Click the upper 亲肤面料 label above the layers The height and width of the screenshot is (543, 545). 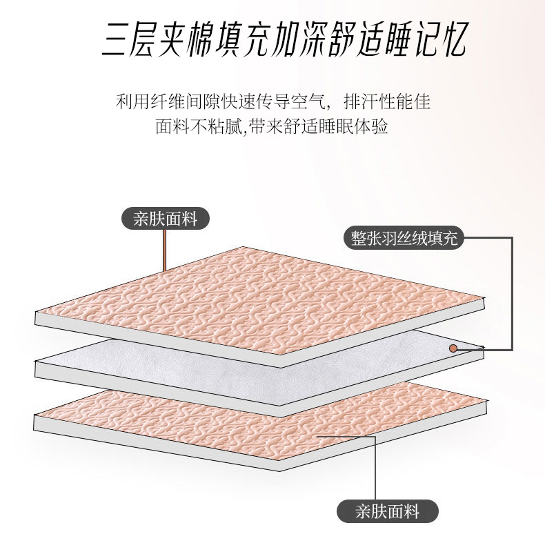tap(166, 219)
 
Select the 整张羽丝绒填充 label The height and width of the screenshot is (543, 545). tap(404, 239)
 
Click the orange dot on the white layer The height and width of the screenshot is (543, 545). tap(453, 348)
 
